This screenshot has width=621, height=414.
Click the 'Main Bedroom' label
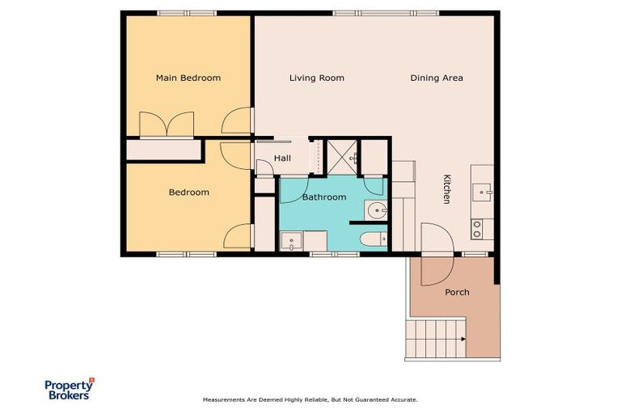coord(188,78)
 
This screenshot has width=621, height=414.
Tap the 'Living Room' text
coord(317,78)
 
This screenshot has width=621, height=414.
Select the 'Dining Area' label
coord(437,78)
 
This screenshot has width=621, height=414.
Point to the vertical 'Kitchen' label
coord(446,189)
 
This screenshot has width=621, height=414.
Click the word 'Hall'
coord(282,158)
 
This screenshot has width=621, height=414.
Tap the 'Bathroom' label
coord(323,197)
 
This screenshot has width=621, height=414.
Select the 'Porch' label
coord(457,292)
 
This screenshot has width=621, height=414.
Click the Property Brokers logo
coord(68,389)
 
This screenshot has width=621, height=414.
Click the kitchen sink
coord(482,192)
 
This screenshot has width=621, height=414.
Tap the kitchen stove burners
coord(477,229)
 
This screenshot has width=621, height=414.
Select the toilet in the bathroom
coord(374,239)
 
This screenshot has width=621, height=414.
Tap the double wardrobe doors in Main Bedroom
coord(166,125)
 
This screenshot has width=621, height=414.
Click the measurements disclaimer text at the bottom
coord(310,399)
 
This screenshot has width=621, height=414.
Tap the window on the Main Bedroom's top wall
coord(186,12)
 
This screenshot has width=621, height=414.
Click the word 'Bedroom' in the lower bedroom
coord(188,192)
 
